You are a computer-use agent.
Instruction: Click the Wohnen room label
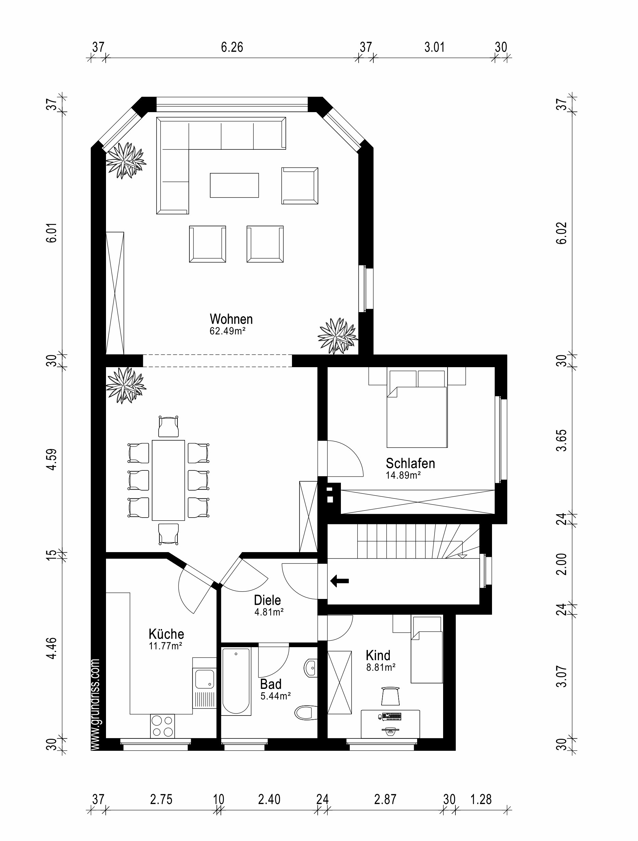(231, 319)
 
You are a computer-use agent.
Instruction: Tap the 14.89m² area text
(403, 475)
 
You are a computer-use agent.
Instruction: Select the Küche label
(166, 634)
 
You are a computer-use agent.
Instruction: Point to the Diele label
(267, 600)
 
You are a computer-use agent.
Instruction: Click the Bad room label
(271, 684)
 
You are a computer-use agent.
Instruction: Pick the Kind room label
(378, 655)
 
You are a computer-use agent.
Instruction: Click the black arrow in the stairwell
(340, 580)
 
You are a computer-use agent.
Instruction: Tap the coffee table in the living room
(234, 185)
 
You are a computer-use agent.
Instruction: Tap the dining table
(169, 480)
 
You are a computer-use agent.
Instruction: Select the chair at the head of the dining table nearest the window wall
(169, 427)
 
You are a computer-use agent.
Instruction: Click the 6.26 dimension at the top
(232, 48)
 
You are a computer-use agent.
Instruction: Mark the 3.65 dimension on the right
(561, 440)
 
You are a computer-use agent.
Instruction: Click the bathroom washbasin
(311, 668)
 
